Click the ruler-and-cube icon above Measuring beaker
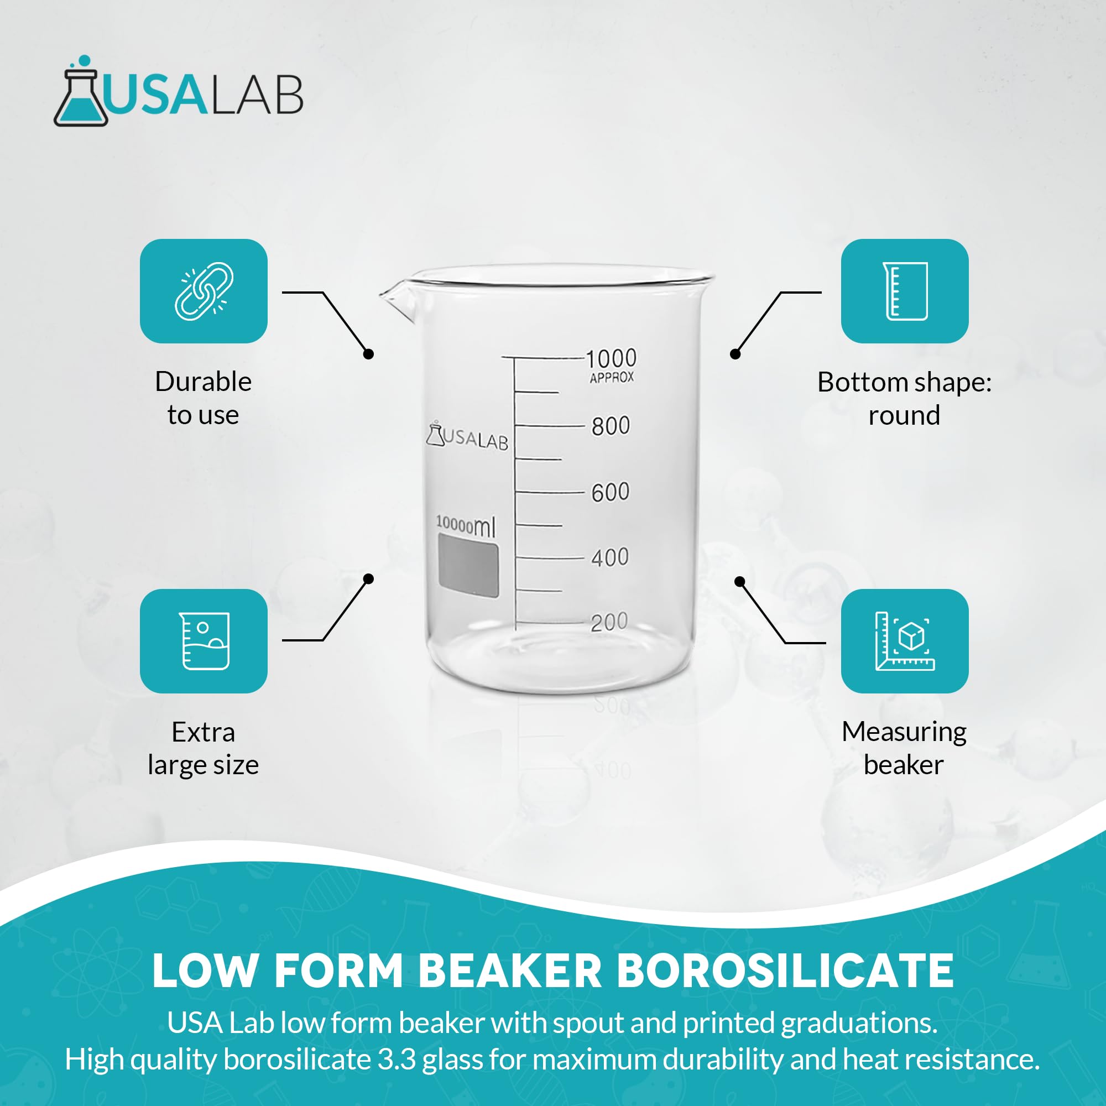coord(905,640)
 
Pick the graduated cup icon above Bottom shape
coord(905,291)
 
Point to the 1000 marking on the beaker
coord(612,358)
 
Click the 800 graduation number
coord(611,426)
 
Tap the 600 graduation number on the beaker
coord(611,492)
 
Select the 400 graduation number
coord(609,557)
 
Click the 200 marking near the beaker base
coord(609,622)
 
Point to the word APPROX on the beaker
coord(612,377)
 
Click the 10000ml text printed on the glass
coord(466,525)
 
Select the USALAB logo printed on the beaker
coord(467,437)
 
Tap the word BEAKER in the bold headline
coord(510,971)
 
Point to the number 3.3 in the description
coord(396,1059)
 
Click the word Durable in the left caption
coord(203,381)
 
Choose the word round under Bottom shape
coord(904,415)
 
